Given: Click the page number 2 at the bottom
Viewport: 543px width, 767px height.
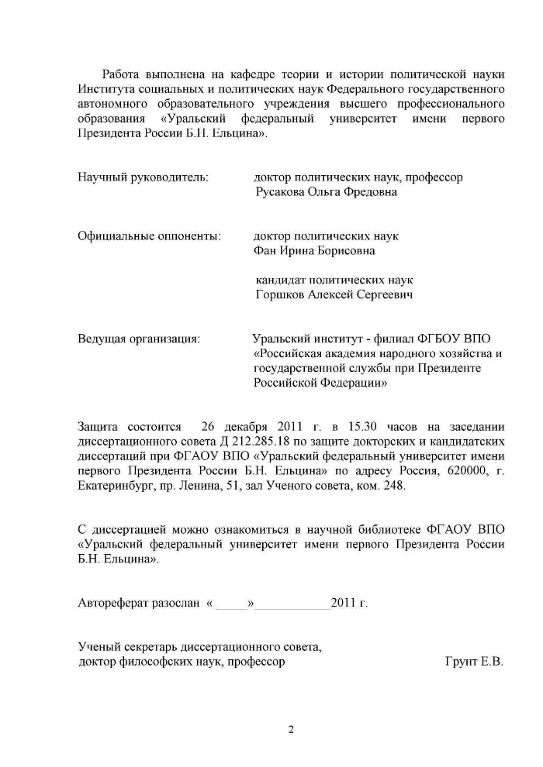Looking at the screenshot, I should (291, 728).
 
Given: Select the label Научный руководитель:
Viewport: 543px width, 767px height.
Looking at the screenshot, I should (143, 177).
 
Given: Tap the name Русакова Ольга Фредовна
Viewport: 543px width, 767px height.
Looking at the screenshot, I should (326, 192).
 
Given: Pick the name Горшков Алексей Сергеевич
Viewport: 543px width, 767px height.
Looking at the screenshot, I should (334, 294).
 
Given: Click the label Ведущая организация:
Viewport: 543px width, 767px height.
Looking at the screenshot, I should (140, 339).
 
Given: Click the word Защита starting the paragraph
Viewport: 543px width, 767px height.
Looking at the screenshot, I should (99, 427).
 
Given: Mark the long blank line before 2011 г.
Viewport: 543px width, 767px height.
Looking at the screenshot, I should (292, 604).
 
